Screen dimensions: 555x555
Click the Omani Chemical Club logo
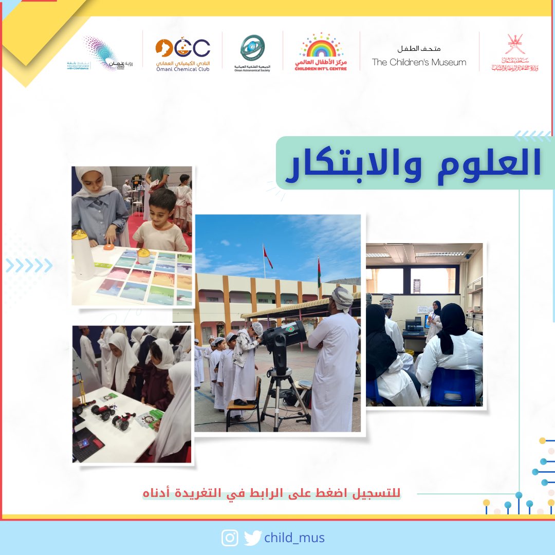point(182,51)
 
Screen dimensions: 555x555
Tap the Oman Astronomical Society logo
point(252,51)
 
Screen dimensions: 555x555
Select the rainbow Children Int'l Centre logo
point(321,51)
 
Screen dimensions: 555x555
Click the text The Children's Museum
point(419,62)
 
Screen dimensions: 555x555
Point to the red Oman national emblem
point(514,51)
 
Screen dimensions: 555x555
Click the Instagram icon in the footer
point(230,538)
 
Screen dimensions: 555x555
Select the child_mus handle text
point(294,538)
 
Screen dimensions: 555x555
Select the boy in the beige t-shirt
point(160,221)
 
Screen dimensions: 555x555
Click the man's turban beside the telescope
point(342,297)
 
